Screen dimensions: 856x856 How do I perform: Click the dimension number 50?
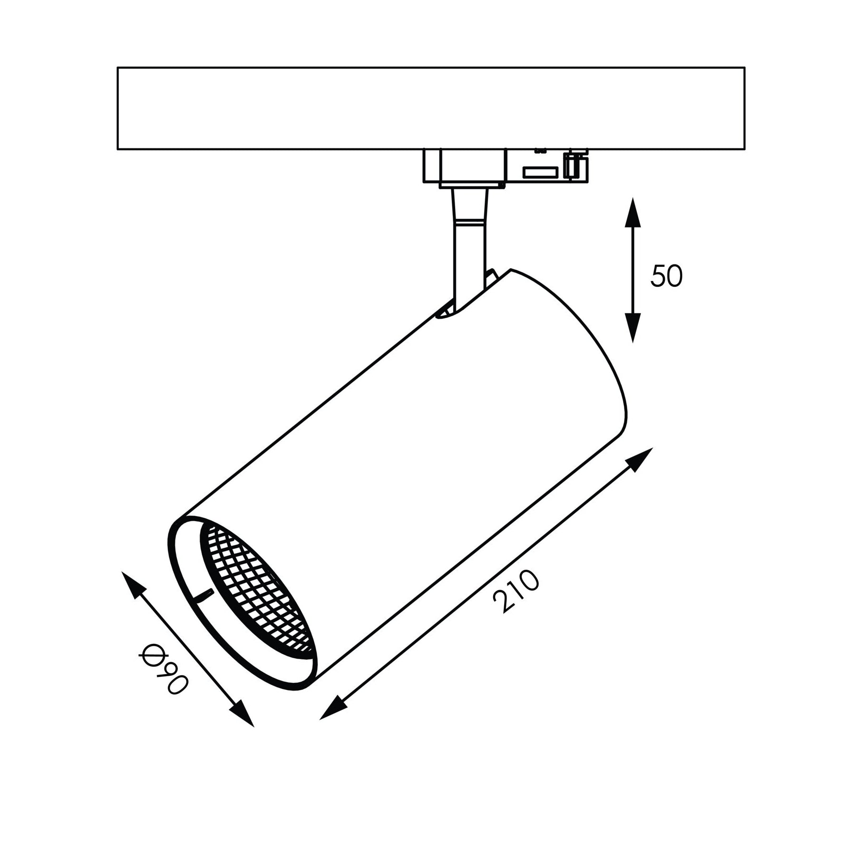click(x=666, y=276)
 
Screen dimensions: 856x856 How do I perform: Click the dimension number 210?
click(x=517, y=592)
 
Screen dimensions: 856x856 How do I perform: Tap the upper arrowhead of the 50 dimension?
click(x=632, y=214)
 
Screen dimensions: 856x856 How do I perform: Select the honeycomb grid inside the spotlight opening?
click(x=257, y=587)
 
